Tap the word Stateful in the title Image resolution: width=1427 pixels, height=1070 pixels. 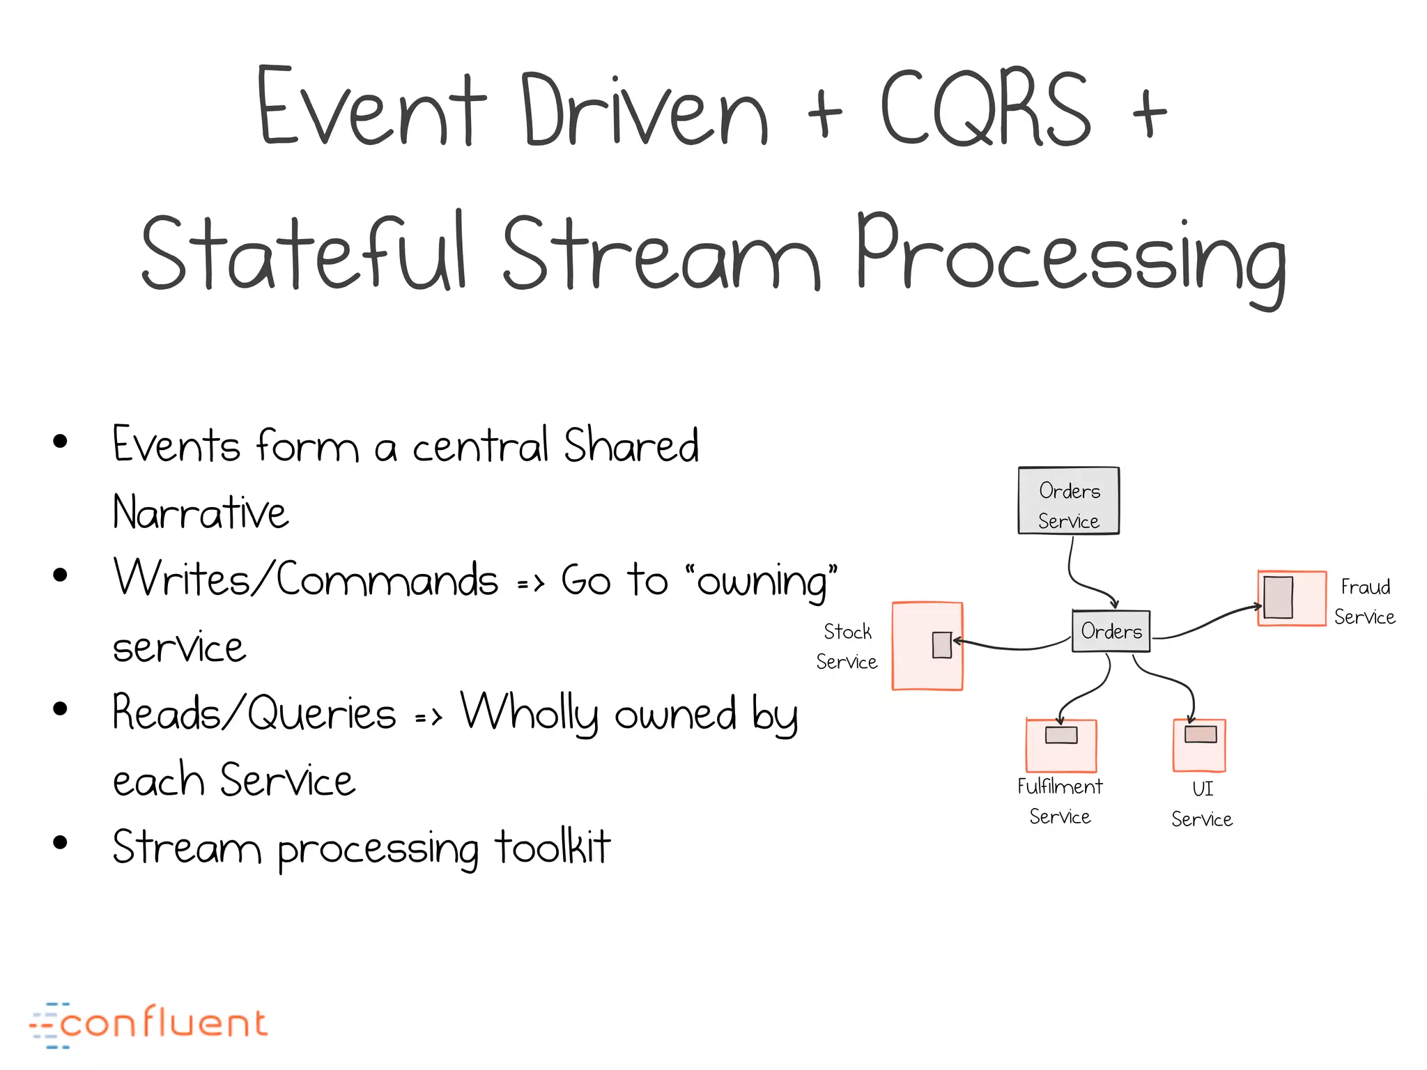coord(302,252)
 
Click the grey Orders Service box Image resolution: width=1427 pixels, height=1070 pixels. coord(1068,501)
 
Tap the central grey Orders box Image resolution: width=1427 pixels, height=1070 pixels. coord(1111,631)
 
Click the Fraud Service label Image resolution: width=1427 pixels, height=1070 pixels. coord(1364,602)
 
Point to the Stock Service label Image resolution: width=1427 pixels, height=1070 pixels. coord(847,646)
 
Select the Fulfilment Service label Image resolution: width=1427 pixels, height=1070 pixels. coord(1060,801)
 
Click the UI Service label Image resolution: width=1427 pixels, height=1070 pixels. coord(1202,804)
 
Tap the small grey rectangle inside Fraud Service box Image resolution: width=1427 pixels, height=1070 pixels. coord(1278,597)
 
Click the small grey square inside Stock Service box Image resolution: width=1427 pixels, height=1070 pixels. coord(941,644)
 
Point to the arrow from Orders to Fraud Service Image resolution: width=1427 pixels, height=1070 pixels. coord(1209,622)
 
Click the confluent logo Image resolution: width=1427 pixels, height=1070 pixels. coord(148,1024)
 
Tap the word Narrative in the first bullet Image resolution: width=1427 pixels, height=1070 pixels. coord(200,513)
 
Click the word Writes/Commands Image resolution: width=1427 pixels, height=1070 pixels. coord(306,580)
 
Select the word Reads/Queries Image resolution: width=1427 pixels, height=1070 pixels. coord(254,713)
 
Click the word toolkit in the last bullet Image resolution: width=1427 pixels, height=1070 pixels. coord(552,847)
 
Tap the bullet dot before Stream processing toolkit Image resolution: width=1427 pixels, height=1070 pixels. coord(61,842)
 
